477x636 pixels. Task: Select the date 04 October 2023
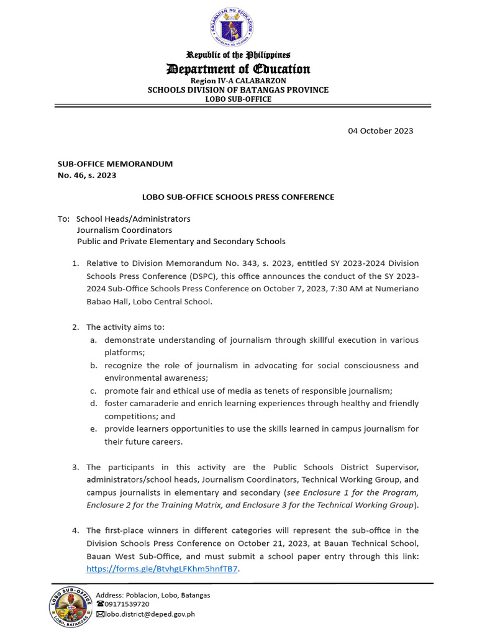pyautogui.click(x=380, y=131)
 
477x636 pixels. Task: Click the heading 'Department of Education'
pyautogui.click(x=238, y=69)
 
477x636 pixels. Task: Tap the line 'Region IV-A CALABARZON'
pyautogui.click(x=238, y=81)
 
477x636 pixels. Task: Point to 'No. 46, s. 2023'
pyautogui.click(x=87, y=175)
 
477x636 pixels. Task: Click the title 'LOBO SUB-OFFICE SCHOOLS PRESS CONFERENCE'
pyautogui.click(x=238, y=197)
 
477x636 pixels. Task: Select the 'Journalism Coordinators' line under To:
pyautogui.click(x=124, y=230)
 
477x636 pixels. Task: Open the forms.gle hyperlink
pyautogui.click(x=162, y=568)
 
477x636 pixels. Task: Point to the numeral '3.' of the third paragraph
pyautogui.click(x=76, y=467)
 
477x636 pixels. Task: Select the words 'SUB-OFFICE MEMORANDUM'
pyautogui.click(x=115, y=164)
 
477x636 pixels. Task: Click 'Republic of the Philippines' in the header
pyautogui.click(x=238, y=55)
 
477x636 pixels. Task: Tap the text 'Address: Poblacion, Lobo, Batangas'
pyautogui.click(x=153, y=594)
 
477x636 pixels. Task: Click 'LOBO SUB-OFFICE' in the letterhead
pyautogui.click(x=238, y=99)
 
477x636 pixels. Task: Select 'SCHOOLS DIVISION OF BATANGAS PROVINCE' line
pyautogui.click(x=238, y=90)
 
